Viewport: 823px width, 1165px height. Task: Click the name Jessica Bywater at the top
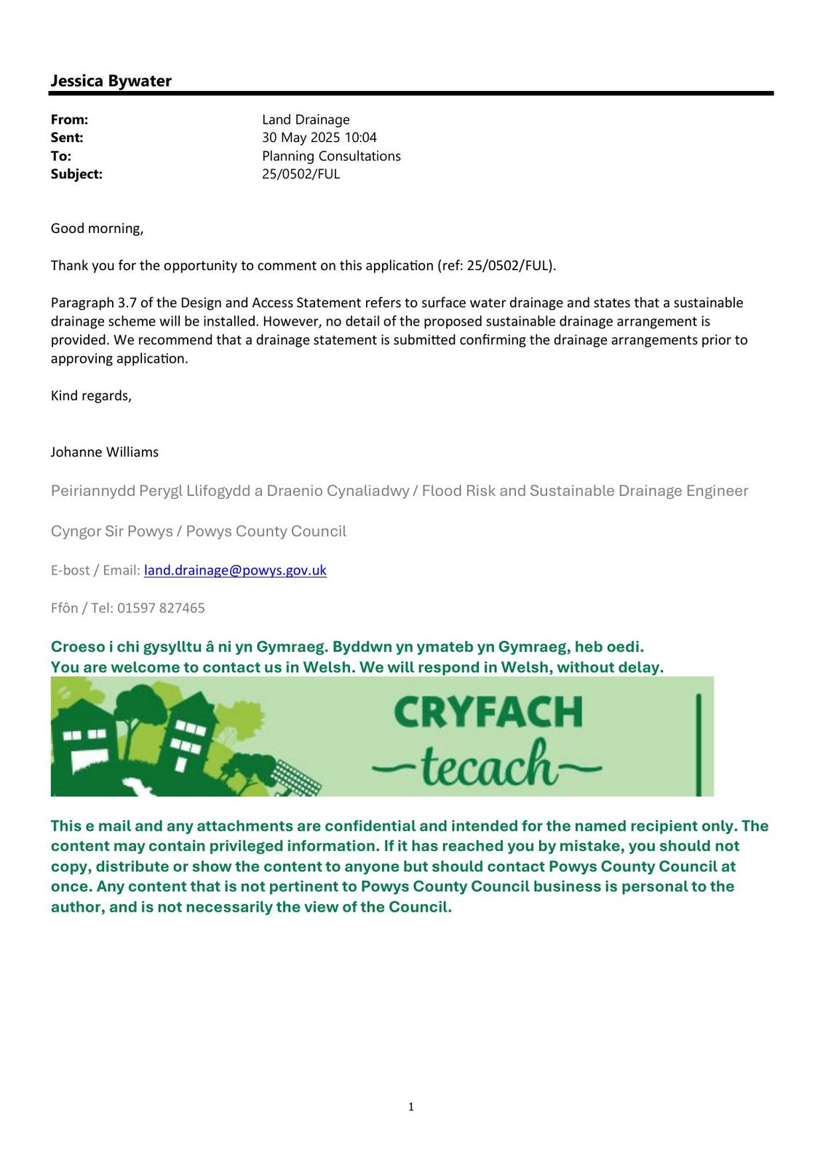point(111,81)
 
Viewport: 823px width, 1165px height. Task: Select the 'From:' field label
point(69,119)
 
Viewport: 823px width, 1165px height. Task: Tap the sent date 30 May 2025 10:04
point(319,138)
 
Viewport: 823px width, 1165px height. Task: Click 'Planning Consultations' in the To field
point(331,156)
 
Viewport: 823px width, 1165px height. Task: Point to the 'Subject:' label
point(76,174)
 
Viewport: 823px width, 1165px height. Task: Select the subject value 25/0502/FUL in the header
point(301,174)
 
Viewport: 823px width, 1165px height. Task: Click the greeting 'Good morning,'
point(97,229)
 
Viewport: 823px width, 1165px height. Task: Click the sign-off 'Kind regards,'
point(91,396)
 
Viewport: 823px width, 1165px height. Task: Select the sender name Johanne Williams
point(104,452)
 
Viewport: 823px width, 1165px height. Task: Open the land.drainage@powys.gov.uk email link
point(235,570)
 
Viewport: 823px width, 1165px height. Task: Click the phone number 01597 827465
point(161,608)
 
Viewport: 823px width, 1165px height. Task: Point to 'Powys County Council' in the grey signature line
point(266,532)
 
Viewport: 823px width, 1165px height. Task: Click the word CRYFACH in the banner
point(488,712)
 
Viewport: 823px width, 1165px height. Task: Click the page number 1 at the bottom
point(411,1107)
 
